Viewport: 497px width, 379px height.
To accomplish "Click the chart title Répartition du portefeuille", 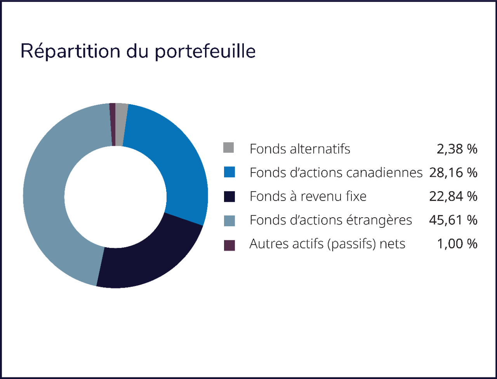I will (138, 51).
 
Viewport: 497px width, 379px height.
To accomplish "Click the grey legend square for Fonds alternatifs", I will (229, 148).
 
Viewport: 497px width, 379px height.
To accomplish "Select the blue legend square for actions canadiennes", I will (229, 172).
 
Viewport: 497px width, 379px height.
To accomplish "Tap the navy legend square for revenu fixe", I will (229, 196).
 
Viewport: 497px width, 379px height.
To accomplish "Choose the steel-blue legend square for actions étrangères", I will (229, 220).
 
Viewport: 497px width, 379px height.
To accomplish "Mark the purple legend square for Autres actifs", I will (229, 245).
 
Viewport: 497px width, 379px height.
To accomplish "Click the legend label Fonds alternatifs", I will (300, 149).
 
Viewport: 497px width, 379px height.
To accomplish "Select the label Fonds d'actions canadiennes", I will (336, 173).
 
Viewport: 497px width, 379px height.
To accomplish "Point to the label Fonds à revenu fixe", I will (308, 196).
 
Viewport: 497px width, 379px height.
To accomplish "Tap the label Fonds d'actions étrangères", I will (330, 220).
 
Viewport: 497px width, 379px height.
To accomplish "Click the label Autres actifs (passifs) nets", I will (327, 244).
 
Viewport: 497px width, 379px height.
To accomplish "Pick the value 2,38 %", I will (457, 149).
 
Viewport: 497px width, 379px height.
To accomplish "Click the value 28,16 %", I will (453, 173).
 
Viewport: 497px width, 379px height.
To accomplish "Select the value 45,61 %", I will (453, 220).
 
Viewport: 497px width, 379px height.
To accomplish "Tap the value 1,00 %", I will (457, 244).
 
